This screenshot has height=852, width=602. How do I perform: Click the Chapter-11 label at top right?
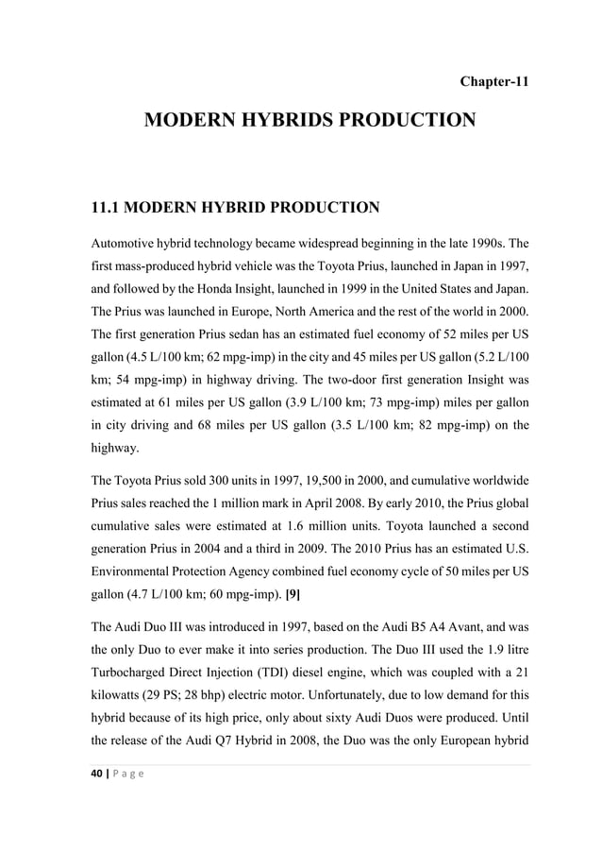tap(493, 80)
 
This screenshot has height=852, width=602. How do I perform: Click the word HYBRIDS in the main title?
tap(303, 121)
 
